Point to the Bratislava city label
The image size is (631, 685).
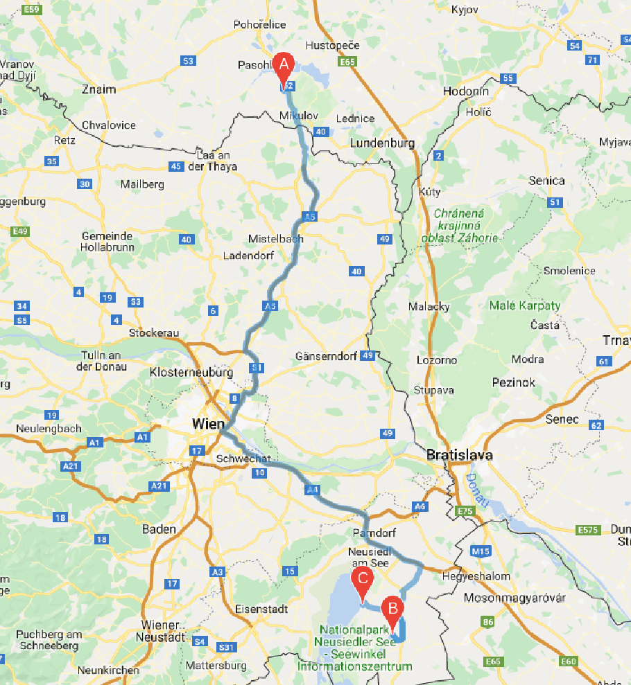click(459, 455)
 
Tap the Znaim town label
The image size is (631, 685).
click(98, 89)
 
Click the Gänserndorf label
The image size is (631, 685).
click(326, 356)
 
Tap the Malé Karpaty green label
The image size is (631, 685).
click(524, 305)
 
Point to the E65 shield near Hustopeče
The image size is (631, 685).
click(347, 62)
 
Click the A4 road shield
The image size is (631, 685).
click(312, 490)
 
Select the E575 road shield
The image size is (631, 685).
click(587, 530)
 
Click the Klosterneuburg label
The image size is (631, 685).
click(191, 373)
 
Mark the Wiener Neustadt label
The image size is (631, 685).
click(164, 630)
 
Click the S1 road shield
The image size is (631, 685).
click(256, 367)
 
